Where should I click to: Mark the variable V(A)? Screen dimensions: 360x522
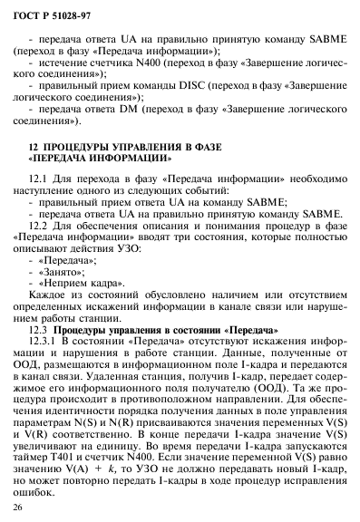point(84,469)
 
